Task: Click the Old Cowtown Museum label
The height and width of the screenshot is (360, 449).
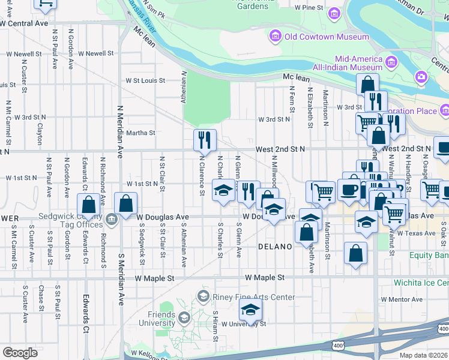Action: point(327,37)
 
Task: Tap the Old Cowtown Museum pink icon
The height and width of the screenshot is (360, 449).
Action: point(275,37)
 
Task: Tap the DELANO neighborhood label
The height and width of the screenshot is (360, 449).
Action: point(275,247)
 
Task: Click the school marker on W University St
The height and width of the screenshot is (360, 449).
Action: point(250,310)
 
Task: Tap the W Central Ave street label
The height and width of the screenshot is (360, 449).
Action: point(24,23)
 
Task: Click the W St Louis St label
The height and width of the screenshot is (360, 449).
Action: point(145,80)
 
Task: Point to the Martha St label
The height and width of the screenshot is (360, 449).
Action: point(140,133)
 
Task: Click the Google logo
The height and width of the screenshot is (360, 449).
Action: point(20,353)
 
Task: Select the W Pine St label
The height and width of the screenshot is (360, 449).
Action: point(310,8)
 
